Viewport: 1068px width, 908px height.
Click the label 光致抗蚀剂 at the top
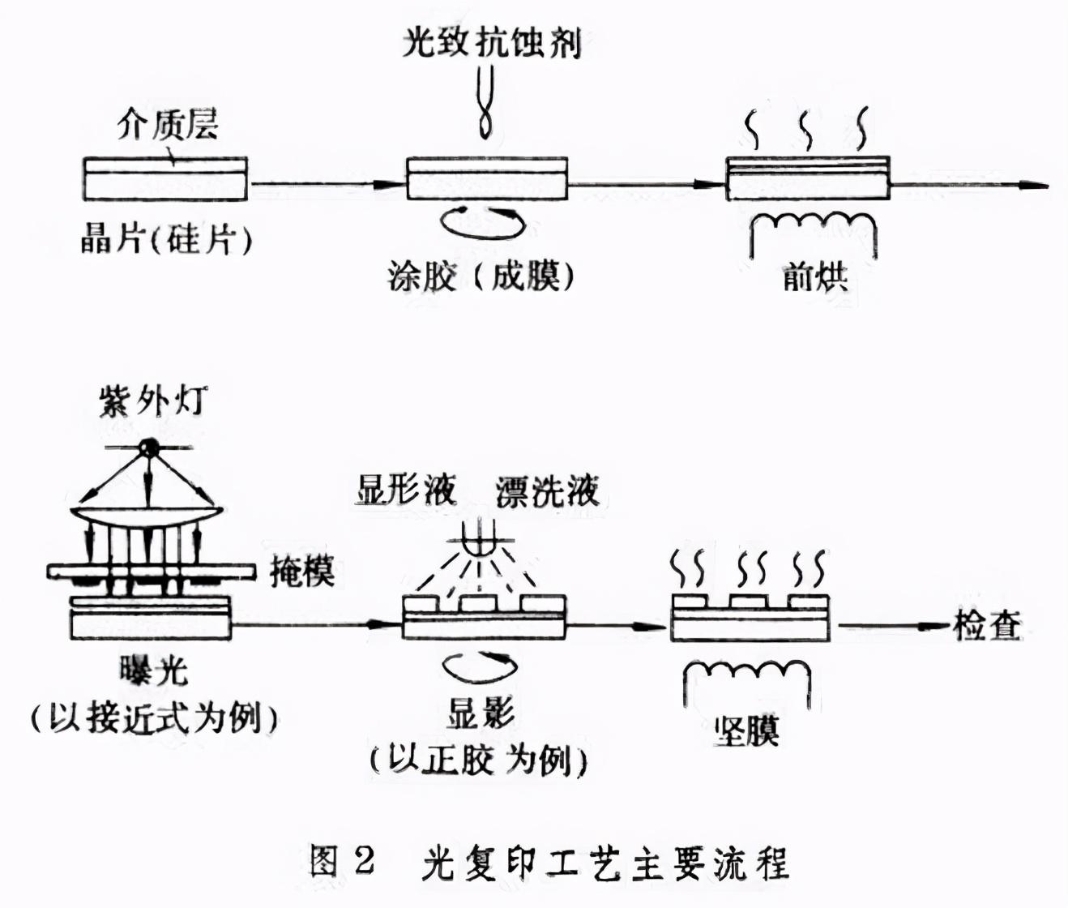tap(492, 41)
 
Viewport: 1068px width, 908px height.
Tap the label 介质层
tap(168, 125)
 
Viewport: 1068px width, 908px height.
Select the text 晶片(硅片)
tap(166, 238)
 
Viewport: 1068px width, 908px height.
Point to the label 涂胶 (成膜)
tap(481, 276)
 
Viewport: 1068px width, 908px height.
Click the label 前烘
tap(814, 277)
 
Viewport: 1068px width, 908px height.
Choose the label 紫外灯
tap(152, 401)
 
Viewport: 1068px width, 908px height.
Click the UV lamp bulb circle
tap(148, 447)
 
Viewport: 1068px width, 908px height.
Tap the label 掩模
tap(301, 571)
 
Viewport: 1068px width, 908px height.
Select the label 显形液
tap(405, 490)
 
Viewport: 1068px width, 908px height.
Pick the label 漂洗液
tap(548, 491)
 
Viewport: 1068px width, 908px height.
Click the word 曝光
tap(152, 670)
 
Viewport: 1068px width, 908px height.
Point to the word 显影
tap(481, 713)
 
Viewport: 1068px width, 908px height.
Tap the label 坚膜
tap(746, 730)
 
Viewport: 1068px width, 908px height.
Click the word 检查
tap(987, 626)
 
